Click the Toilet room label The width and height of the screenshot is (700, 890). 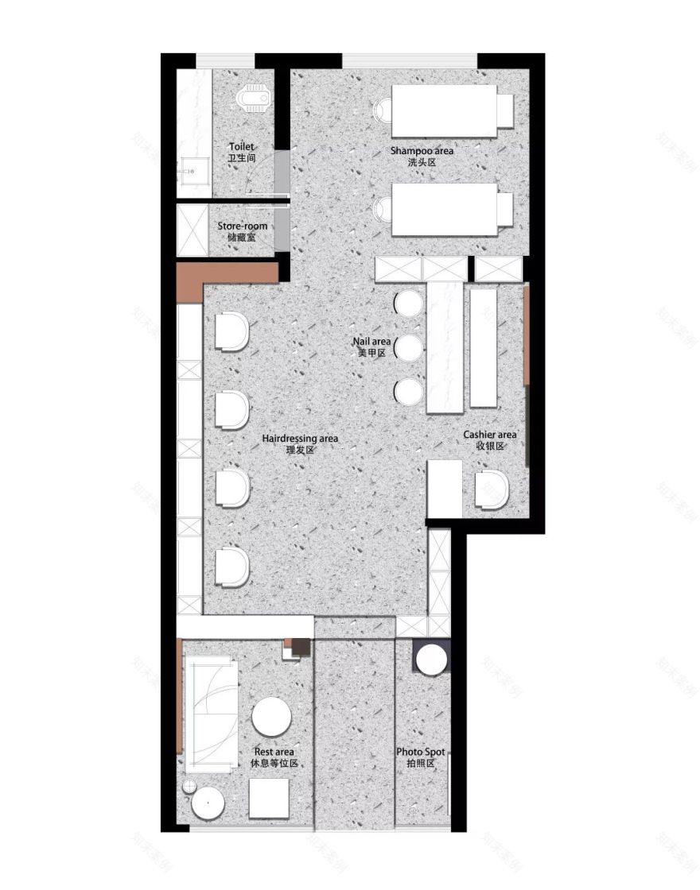pos(241,152)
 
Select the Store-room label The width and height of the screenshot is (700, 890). pos(242,231)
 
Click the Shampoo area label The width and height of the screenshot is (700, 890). pos(422,156)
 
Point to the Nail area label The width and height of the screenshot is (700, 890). pos(371,346)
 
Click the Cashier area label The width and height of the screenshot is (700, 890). pos(490,440)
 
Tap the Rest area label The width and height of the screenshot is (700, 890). pos(274,757)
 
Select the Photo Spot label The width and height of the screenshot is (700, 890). pos(420,757)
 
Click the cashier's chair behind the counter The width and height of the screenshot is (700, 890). pos(492,488)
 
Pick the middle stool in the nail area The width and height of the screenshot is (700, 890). pos(409,347)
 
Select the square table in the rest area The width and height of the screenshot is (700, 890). pos(269,798)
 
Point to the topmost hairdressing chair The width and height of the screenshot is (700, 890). pos(231,331)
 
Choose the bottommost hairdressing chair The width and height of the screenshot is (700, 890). pos(231,567)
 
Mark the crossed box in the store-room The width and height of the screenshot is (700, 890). pos(191,230)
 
